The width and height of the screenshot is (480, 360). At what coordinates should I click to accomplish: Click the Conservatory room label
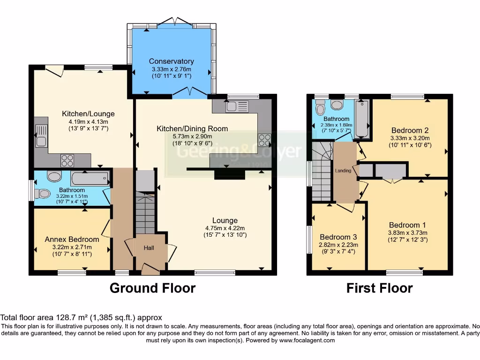pyautogui.click(x=171, y=61)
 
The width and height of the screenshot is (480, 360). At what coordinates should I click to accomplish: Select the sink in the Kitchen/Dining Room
pyautogui.click(x=233, y=106)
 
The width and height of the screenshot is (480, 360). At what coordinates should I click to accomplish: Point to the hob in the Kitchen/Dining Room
pyautogui.click(x=264, y=140)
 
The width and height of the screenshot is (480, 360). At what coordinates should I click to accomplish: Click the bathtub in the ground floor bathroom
pyautogui.click(x=90, y=179)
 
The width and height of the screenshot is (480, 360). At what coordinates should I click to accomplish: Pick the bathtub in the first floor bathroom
pyautogui.click(x=362, y=119)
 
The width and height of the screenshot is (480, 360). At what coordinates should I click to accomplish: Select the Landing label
pyautogui.click(x=343, y=171)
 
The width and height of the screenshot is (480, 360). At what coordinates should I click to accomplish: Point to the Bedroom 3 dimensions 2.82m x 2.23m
pyautogui.click(x=338, y=245)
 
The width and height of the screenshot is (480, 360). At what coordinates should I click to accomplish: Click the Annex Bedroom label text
pyautogui.click(x=72, y=240)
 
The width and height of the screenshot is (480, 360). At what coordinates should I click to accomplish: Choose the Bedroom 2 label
pyautogui.click(x=410, y=130)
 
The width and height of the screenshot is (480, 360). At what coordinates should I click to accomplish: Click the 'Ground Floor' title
pyautogui.click(x=152, y=288)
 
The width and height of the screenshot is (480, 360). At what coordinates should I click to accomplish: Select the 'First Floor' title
pyautogui.click(x=379, y=288)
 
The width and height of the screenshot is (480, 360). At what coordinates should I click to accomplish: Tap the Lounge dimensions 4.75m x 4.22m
pyautogui.click(x=225, y=228)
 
